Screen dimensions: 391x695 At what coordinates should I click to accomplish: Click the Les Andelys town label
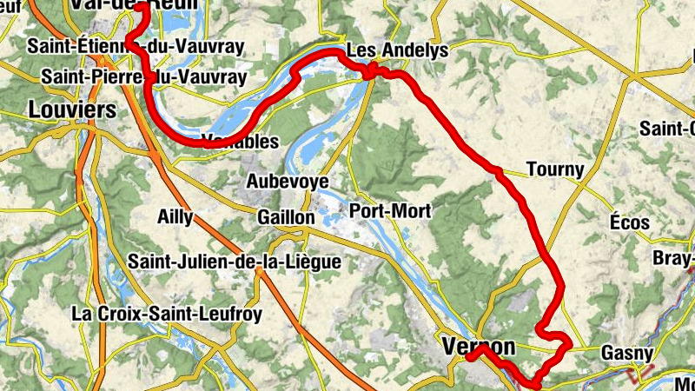pyautogui.click(x=397, y=50)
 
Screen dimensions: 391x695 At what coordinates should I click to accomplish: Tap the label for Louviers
pyautogui.click(x=72, y=110)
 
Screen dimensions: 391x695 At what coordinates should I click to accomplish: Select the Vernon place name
pyautogui.click(x=479, y=347)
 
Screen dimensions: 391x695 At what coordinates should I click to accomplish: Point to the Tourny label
pyautogui.click(x=555, y=169)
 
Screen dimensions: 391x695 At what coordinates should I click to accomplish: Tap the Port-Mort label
pyautogui.click(x=389, y=211)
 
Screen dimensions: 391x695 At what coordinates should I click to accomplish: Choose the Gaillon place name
pyautogui.click(x=286, y=217)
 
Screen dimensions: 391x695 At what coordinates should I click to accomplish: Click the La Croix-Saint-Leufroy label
pyautogui.click(x=167, y=313)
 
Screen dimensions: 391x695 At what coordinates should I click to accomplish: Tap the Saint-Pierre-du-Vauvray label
pyautogui.click(x=144, y=77)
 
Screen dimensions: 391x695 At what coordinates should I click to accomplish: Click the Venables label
pyautogui.click(x=240, y=141)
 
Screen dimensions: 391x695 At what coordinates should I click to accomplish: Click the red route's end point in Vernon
pyautogui.click(x=468, y=356)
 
